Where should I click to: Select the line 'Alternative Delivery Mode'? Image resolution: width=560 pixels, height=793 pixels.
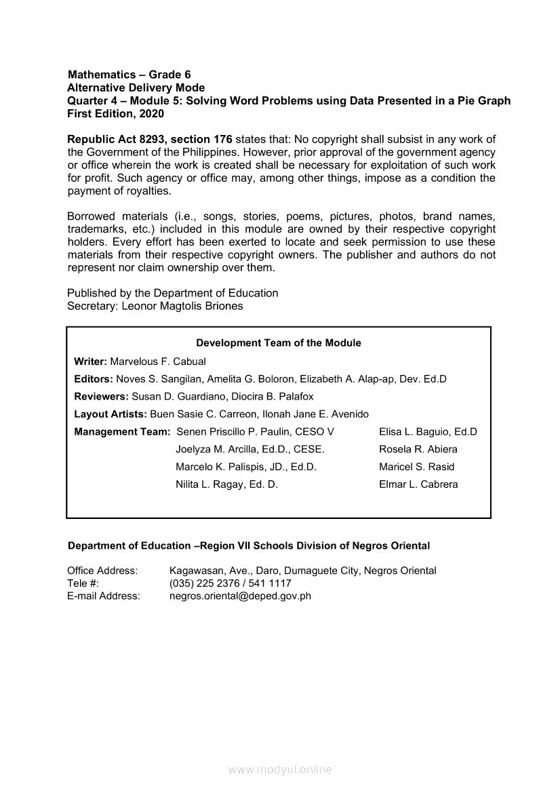coord(136,88)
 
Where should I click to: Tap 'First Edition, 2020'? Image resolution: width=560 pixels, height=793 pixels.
coord(115,114)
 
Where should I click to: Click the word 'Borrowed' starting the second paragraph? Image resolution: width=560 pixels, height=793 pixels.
coord(92,216)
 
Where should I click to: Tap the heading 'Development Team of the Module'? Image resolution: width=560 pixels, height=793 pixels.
coord(279,343)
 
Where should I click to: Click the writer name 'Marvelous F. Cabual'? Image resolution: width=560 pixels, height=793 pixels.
coord(158,362)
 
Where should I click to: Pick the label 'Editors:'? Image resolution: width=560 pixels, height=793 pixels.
coord(94,379)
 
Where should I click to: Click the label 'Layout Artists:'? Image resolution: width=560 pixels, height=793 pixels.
coord(111,414)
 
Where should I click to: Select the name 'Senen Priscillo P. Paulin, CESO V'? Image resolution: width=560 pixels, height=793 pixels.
coord(255,432)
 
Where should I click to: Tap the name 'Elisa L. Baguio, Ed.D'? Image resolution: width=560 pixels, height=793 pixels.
coord(428,432)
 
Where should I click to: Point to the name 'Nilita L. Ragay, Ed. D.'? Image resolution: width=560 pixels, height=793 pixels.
coord(226,485)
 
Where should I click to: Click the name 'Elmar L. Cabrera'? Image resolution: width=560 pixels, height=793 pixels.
coord(418,485)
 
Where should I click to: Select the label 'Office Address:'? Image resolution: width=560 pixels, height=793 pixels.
coord(102,571)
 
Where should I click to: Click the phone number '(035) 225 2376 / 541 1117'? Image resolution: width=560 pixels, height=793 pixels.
coord(231,583)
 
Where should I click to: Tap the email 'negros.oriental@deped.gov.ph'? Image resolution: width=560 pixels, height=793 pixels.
coord(240,596)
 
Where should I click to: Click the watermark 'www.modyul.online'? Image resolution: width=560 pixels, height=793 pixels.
coord(280,770)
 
